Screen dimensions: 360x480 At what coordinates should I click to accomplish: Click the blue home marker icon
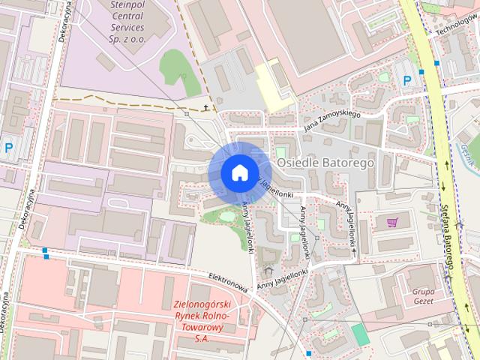tap(238, 172)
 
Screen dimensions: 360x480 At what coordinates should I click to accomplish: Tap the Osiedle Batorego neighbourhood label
tap(325, 161)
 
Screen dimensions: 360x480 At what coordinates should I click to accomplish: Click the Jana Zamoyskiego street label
tap(332, 121)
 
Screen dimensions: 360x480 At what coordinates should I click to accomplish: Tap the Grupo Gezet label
tap(424, 295)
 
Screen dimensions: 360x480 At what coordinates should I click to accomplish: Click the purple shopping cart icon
tap(392, 222)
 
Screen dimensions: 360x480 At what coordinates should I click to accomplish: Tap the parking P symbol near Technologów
tap(407, 80)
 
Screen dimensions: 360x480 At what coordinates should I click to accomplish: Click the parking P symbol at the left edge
tap(8, 148)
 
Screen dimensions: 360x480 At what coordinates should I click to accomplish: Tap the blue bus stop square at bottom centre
tap(308, 353)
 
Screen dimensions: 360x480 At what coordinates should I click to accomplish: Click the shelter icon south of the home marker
tap(268, 270)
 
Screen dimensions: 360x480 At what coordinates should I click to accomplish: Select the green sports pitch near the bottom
tap(361, 334)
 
